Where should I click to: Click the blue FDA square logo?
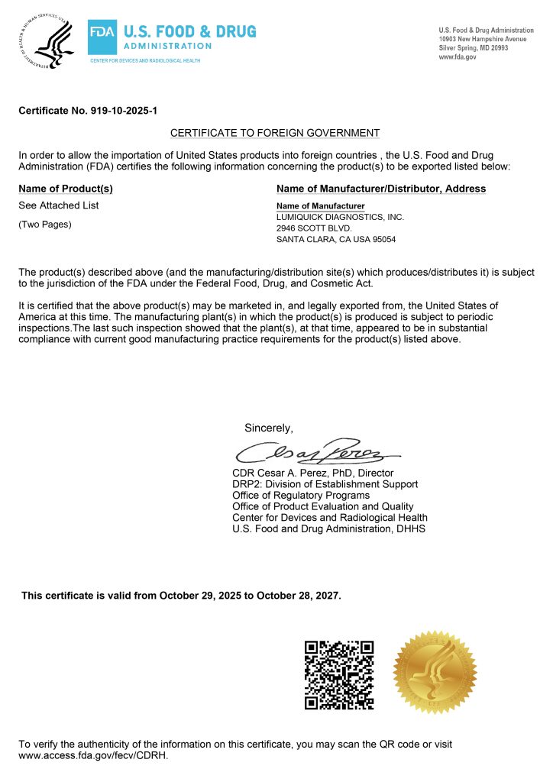point(102,34)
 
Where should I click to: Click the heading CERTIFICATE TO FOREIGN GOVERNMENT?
point(275,132)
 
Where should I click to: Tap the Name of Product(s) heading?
point(66,189)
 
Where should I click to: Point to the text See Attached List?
point(59,205)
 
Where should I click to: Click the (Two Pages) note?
point(45,224)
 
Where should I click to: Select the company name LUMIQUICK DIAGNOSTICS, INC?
point(340,218)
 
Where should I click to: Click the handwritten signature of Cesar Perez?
point(313,451)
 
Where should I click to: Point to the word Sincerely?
point(268,427)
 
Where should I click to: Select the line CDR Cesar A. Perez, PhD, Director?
point(312,473)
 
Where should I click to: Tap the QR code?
point(338,674)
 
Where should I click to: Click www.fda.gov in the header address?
point(458,57)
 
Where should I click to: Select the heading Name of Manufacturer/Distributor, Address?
point(381,189)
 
